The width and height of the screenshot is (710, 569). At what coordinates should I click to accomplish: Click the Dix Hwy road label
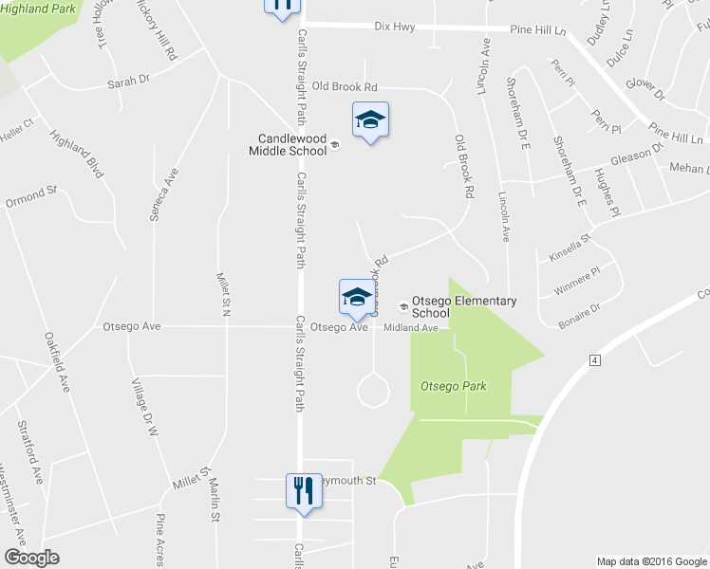tap(398, 27)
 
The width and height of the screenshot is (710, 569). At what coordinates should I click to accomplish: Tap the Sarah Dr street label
tap(128, 83)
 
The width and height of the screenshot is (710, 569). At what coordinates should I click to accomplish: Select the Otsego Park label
tap(445, 386)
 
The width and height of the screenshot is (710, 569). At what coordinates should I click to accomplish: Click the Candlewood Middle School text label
tap(288, 143)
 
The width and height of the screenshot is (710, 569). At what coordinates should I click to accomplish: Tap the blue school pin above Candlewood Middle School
tap(370, 120)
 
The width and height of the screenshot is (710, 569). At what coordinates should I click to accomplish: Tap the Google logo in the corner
tap(32, 558)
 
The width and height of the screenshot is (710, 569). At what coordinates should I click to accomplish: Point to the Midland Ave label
tap(410, 328)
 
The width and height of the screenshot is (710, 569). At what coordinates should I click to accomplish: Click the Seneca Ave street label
tap(159, 194)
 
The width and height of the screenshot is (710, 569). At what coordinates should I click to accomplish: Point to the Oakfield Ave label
tap(56, 361)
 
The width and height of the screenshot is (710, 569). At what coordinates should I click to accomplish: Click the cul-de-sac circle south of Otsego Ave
tap(372, 390)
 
